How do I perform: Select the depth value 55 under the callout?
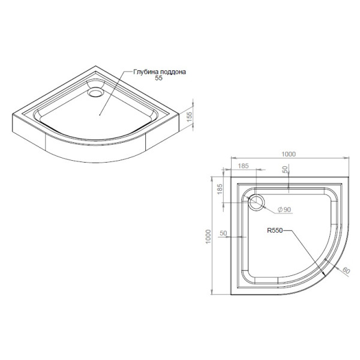click(x=159, y=79)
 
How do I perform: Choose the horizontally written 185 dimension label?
click(x=243, y=165)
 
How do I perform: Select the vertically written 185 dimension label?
click(x=220, y=191)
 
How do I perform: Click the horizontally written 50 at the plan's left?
click(x=224, y=232)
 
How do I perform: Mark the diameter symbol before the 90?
click(x=279, y=209)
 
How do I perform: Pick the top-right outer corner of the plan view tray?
click(x=349, y=177)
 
